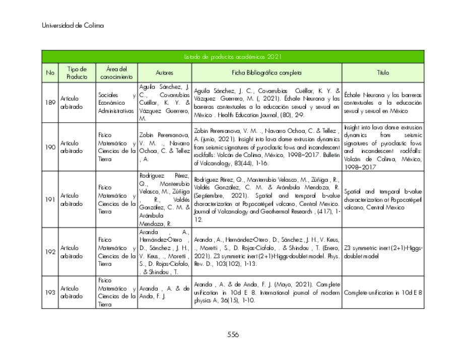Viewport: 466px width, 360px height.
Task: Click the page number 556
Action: click(233, 334)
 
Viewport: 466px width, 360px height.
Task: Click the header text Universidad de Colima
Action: click(73, 26)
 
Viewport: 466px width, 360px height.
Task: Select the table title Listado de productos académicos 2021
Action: click(232, 57)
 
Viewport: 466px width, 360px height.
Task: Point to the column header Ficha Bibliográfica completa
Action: click(267, 73)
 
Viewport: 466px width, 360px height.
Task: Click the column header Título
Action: click(383, 73)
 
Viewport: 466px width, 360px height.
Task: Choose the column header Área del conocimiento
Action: click(116, 73)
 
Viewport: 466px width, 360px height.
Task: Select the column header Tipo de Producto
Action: click(77, 73)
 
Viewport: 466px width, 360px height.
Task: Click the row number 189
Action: click(50, 102)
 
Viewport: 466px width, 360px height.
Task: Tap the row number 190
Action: click(50, 147)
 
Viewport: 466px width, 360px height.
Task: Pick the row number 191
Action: click(50, 199)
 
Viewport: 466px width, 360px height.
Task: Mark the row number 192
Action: click(50, 252)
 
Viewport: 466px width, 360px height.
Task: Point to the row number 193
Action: click(50, 293)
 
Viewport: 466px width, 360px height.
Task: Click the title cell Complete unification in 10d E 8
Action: click(383, 293)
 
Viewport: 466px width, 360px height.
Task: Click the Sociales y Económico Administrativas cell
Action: click(116, 102)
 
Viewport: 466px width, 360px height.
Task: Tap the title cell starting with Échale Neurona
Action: click(383, 102)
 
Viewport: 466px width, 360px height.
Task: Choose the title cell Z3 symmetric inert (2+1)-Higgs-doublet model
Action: click(383, 252)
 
